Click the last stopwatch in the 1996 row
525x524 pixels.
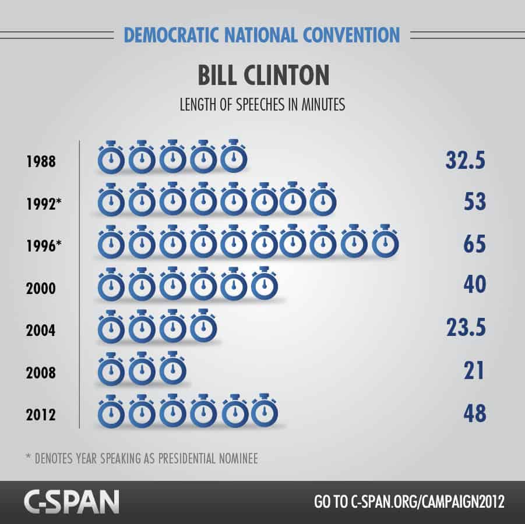(x=385, y=242)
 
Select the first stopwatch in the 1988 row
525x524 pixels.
(x=111, y=158)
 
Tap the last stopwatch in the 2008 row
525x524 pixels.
(x=172, y=369)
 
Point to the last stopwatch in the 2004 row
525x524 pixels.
(x=203, y=327)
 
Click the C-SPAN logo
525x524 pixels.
(x=71, y=501)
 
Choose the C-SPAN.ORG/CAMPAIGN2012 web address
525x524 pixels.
(x=428, y=501)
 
